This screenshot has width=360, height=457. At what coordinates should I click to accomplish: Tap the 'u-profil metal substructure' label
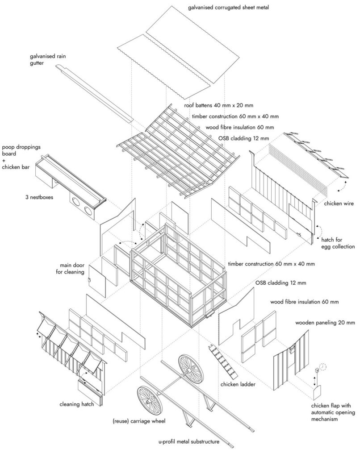coord(189,442)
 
